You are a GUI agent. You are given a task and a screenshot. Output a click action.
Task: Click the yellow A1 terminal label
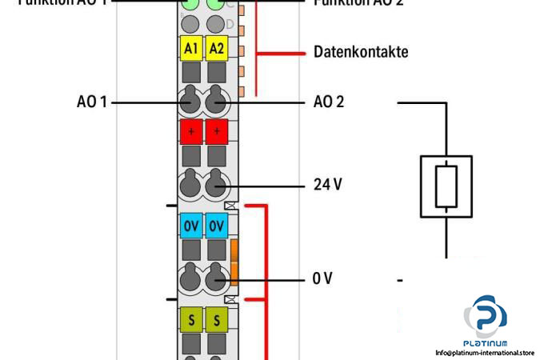(x=190, y=49)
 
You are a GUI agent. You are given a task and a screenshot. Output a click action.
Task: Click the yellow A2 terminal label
(x=217, y=49)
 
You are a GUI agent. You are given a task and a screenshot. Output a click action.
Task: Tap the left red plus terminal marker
(x=190, y=130)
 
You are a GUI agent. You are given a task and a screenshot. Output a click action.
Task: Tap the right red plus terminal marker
(x=217, y=130)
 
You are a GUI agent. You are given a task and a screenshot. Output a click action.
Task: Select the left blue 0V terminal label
(x=190, y=226)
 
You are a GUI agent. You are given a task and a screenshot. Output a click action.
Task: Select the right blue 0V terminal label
(x=217, y=226)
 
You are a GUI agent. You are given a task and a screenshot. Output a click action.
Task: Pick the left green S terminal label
(x=190, y=321)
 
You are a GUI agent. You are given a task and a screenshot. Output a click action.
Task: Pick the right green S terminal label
(x=217, y=321)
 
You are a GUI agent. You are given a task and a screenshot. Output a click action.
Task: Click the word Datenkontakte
(x=360, y=52)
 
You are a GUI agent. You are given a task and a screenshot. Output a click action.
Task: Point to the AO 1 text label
(x=91, y=102)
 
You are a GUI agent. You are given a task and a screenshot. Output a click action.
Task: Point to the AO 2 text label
(x=329, y=102)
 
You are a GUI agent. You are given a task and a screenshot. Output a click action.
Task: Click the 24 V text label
(x=326, y=185)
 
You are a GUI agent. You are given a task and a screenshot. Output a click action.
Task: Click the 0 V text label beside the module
(x=322, y=278)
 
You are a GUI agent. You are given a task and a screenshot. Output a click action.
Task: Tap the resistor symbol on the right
(x=446, y=187)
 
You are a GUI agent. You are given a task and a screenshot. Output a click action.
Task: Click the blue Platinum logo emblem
(x=485, y=314)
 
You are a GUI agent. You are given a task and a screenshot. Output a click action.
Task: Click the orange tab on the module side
(x=234, y=262)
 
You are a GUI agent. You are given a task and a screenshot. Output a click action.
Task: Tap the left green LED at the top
(x=190, y=4)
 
